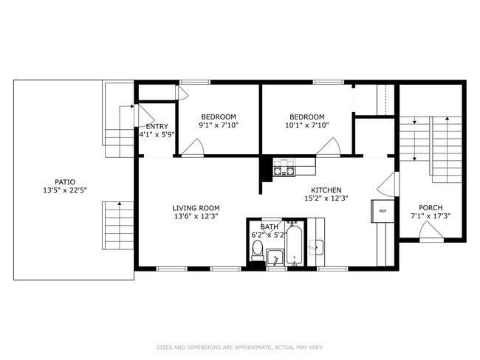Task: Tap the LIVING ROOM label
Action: [x=196, y=208]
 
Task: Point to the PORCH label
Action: [x=430, y=207]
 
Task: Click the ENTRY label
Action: [x=157, y=126]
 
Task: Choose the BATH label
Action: [x=268, y=226]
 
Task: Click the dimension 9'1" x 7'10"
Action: [x=219, y=125]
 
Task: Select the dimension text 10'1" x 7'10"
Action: [x=306, y=125]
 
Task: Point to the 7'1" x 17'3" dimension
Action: [x=430, y=216]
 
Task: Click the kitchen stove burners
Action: [x=284, y=169]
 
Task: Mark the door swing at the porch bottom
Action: [x=431, y=232]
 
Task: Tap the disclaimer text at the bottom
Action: [x=239, y=347]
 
